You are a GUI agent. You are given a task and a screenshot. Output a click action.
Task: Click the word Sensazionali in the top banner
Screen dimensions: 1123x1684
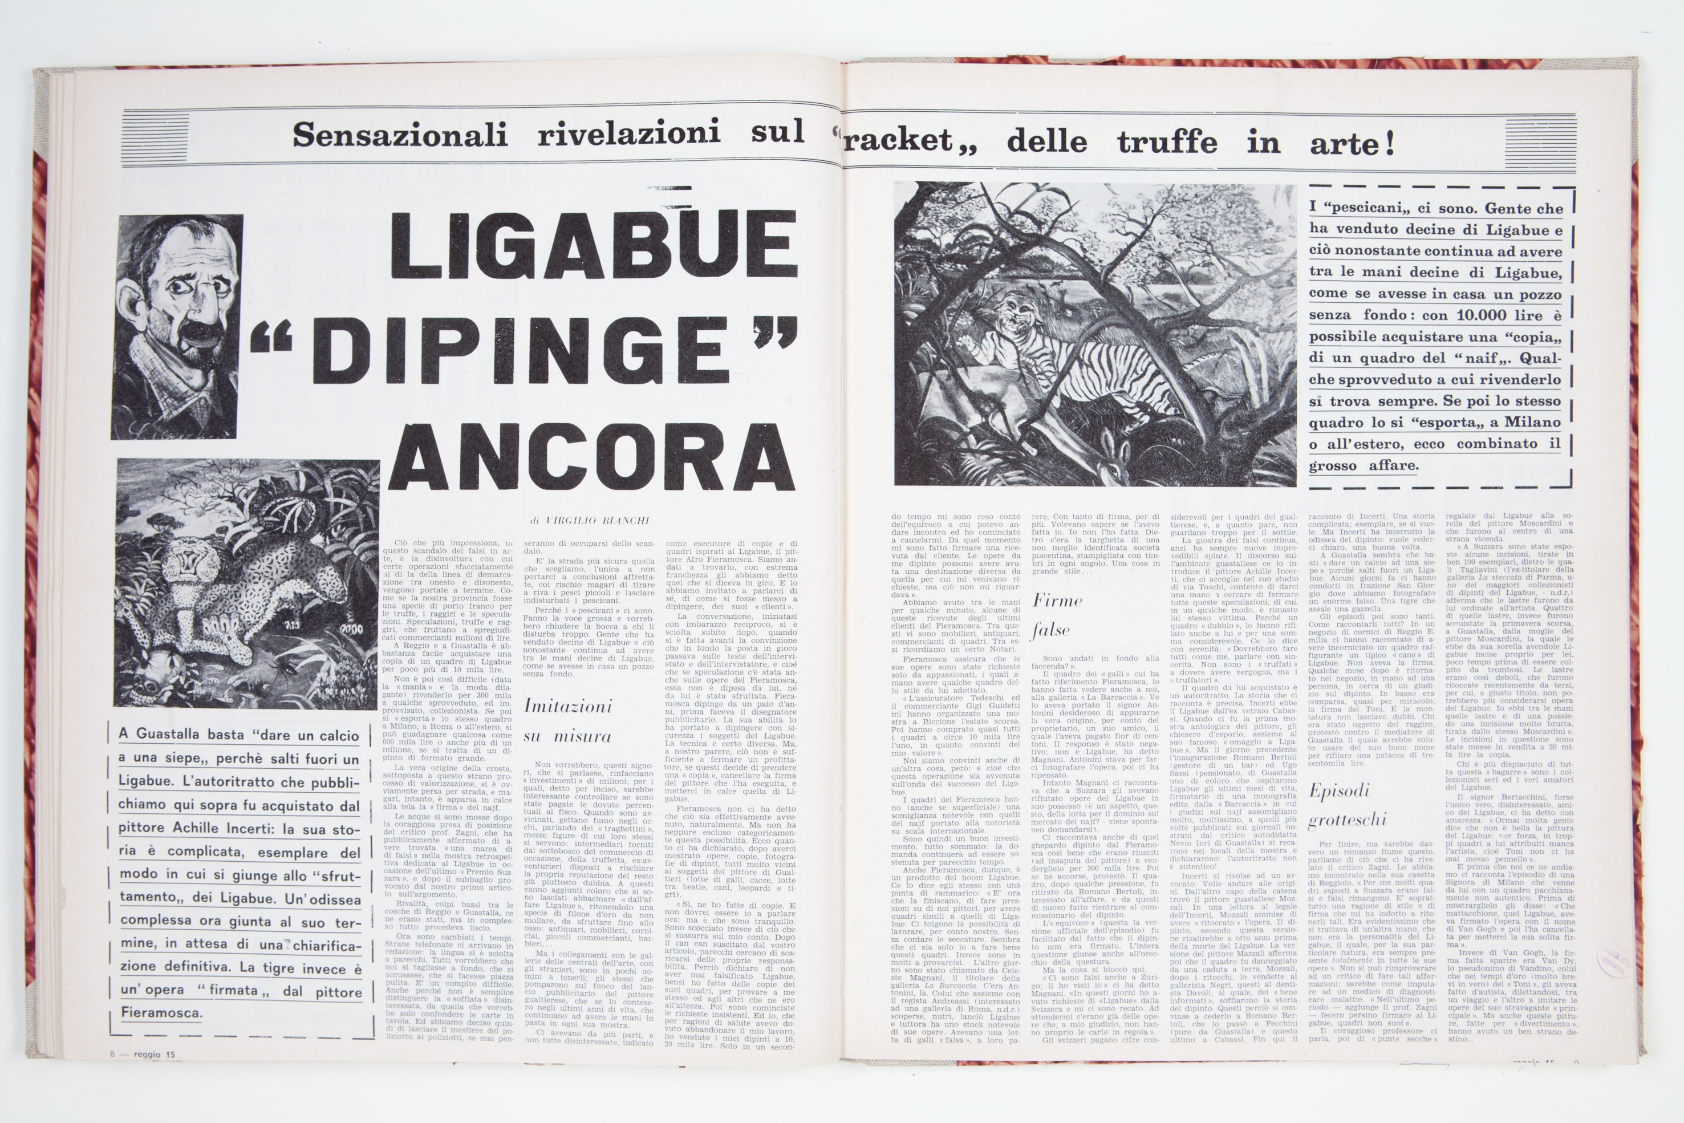click(x=400, y=135)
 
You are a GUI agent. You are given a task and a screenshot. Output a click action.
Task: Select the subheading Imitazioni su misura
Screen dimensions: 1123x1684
click(x=568, y=720)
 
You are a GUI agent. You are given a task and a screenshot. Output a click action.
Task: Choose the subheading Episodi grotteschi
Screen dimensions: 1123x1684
click(x=1347, y=804)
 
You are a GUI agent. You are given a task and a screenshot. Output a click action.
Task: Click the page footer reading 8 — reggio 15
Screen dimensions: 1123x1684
click(x=143, y=1054)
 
